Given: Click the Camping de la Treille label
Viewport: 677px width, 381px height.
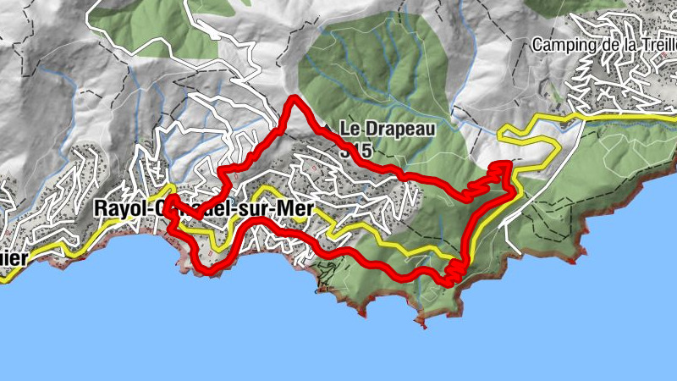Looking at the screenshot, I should pos(604,44).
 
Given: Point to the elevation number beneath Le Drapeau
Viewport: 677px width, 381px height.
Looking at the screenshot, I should pos(359,150).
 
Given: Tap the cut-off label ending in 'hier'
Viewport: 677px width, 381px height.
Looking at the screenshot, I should pos(12,259).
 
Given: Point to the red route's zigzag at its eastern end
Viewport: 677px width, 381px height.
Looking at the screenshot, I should pos(495,174).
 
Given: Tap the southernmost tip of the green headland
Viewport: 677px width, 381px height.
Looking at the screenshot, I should pos(424,320).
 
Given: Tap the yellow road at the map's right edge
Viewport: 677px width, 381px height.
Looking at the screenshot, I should pos(672,119).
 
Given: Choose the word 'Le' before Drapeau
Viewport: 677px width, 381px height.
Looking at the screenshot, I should pos(350,130).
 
